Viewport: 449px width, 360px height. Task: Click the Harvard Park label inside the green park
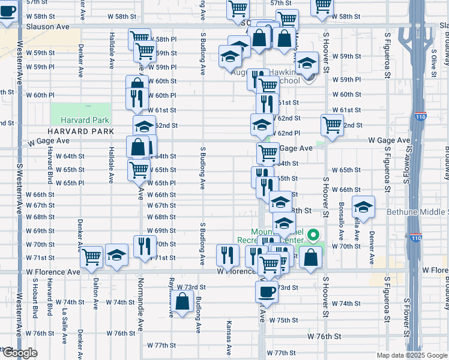[88, 120]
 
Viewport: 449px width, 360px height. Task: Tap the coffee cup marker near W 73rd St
[267, 292]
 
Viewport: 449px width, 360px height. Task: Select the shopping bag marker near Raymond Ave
[182, 302]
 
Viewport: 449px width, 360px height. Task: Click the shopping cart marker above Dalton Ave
[92, 257]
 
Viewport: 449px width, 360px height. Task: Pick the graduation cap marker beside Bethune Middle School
[363, 208]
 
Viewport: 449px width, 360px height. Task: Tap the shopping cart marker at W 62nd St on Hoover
[332, 125]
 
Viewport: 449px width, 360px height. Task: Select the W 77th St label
[161, 346]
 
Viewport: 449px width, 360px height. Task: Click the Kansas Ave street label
[229, 340]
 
